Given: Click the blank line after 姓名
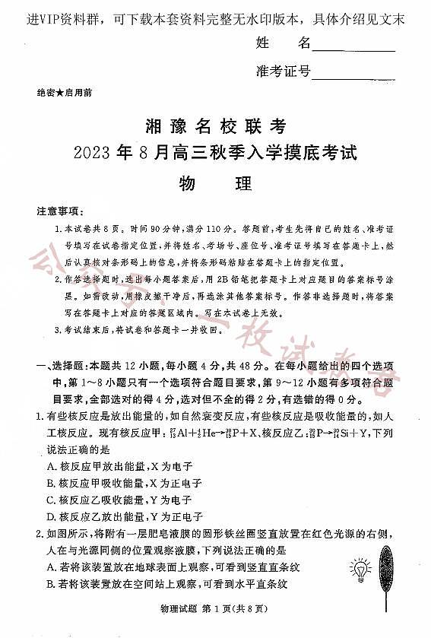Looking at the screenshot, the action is click(x=353, y=47).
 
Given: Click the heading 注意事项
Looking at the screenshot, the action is click(x=60, y=210).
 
